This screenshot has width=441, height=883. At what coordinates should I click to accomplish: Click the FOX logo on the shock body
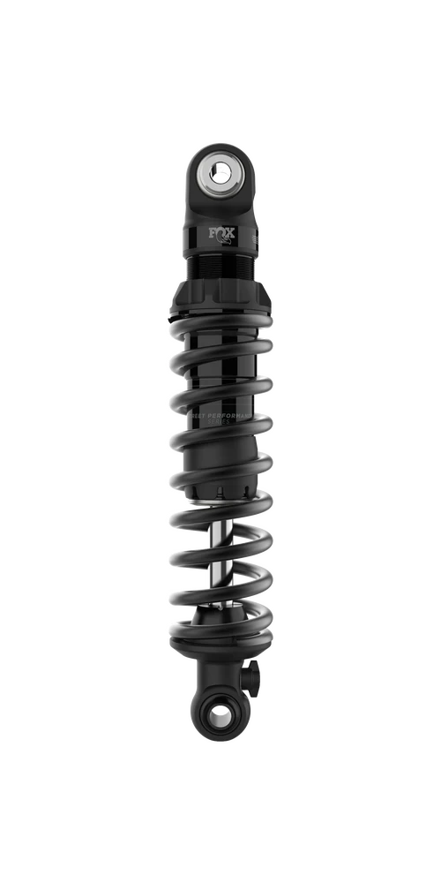[x=220, y=235]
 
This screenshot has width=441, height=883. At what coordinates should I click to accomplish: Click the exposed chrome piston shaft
[x=220, y=539]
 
